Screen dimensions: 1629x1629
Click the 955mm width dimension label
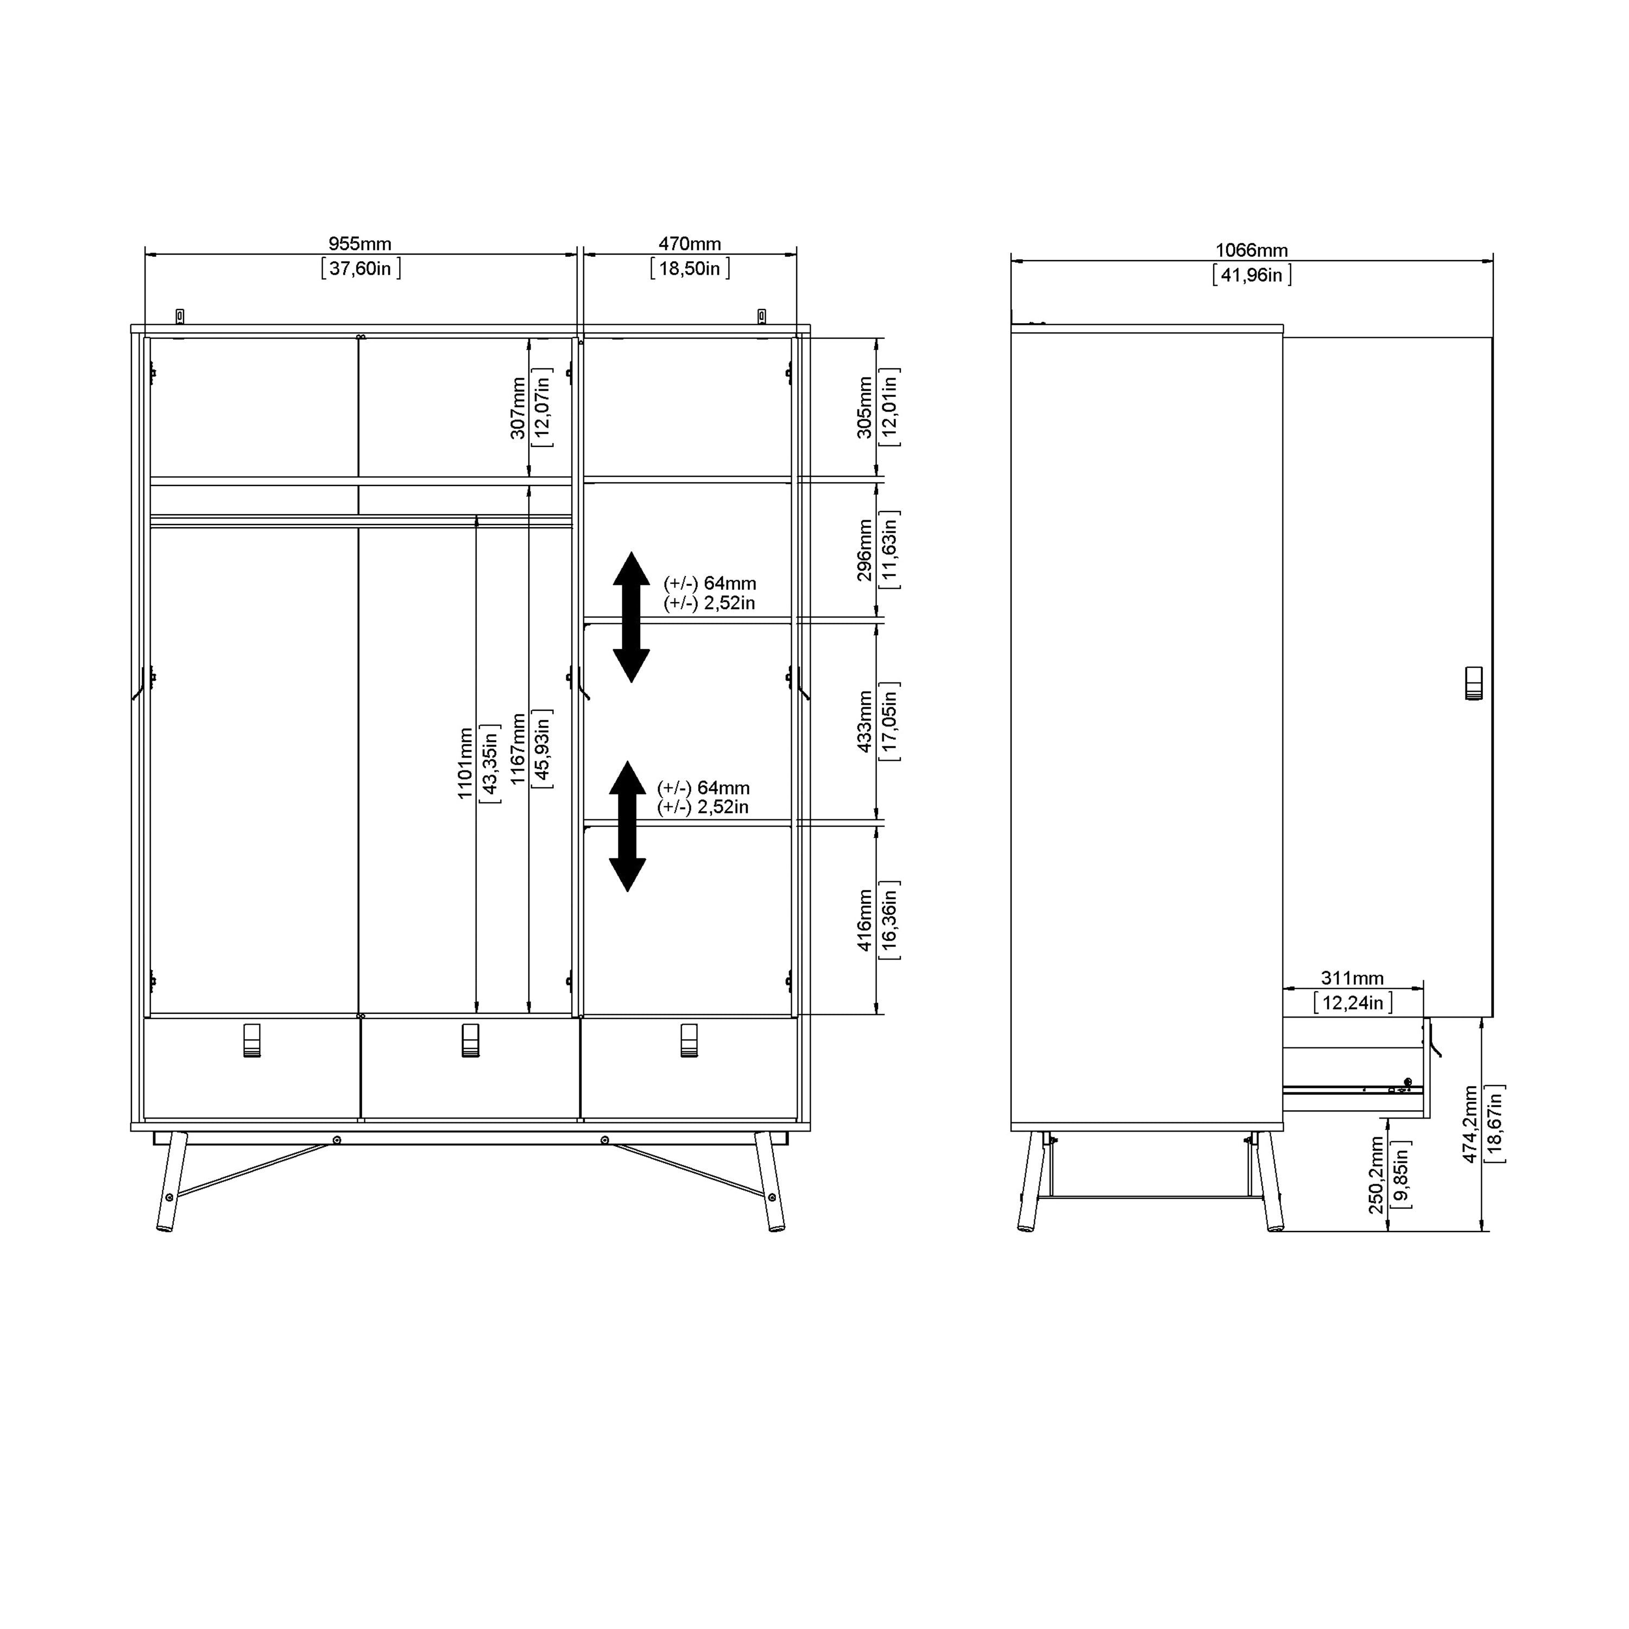[x=360, y=244]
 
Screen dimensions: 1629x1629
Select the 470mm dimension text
[x=689, y=244]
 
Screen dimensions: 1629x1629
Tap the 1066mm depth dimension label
[x=1251, y=250]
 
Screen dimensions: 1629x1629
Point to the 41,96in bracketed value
[x=1251, y=275]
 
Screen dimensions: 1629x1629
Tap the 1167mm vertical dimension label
[x=517, y=749]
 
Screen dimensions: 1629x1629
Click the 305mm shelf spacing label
[x=864, y=407]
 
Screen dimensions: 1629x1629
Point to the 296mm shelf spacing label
[x=864, y=550]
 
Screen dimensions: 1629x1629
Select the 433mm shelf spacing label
[x=864, y=722]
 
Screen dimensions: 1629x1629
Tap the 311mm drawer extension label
[x=1352, y=978]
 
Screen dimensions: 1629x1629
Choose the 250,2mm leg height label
[x=1375, y=1175]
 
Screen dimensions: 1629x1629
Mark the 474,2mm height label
[x=1470, y=1124]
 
